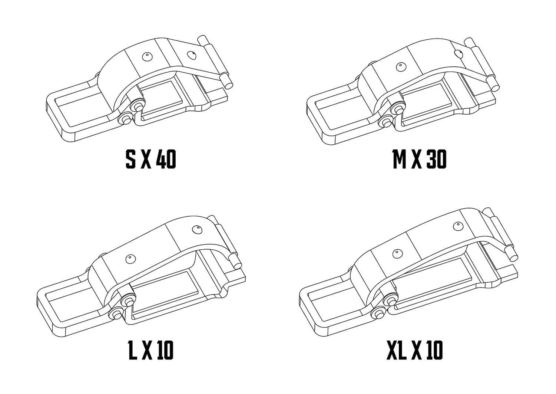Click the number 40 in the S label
pos(166,160)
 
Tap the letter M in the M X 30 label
pos(399,160)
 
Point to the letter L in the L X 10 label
pos(132,350)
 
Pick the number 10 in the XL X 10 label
pos(433,350)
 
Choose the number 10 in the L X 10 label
pos(165,350)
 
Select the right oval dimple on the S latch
pos(191,55)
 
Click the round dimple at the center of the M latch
pos(400,67)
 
